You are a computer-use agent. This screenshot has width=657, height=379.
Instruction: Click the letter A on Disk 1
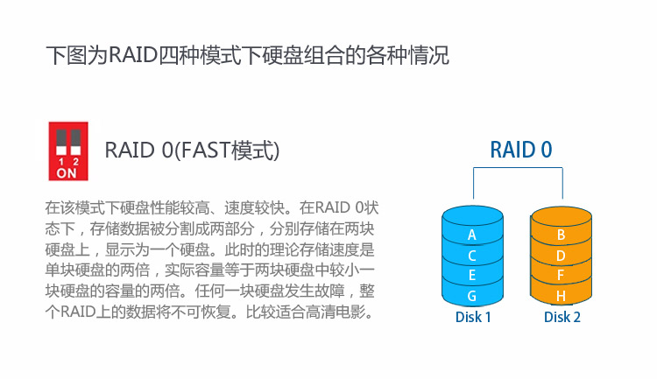472,235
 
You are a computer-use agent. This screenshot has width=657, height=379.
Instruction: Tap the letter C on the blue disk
472,256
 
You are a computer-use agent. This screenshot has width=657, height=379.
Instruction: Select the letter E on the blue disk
472,275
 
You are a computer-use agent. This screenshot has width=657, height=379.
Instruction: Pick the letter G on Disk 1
472,296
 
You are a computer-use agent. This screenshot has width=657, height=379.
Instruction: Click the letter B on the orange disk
561,235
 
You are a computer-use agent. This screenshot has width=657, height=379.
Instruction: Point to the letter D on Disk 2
561,256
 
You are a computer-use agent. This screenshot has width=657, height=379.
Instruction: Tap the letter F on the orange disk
561,275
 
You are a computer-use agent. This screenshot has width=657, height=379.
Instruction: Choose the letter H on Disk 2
561,296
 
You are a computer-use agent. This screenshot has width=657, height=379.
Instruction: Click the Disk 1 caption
473,317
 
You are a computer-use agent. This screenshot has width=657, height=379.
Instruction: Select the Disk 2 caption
562,317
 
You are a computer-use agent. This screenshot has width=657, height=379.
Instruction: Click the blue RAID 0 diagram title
521,150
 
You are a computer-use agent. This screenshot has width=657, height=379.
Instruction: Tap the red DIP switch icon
68,151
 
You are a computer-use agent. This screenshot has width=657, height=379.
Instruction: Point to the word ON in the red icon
67,173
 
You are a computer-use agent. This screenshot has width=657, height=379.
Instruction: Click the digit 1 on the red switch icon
61,162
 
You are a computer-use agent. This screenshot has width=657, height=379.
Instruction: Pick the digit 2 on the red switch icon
75,162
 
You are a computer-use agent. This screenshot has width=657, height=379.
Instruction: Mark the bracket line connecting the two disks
518,168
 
